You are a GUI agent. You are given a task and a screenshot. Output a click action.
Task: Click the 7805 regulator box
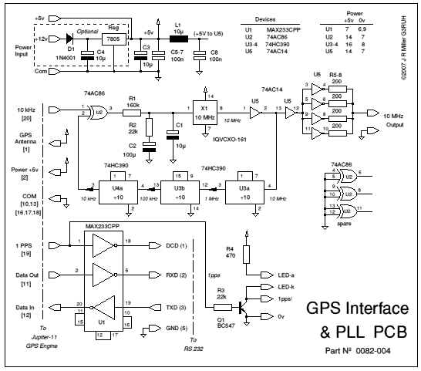(114, 37)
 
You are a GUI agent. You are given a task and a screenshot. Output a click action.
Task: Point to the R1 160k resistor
(132, 112)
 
